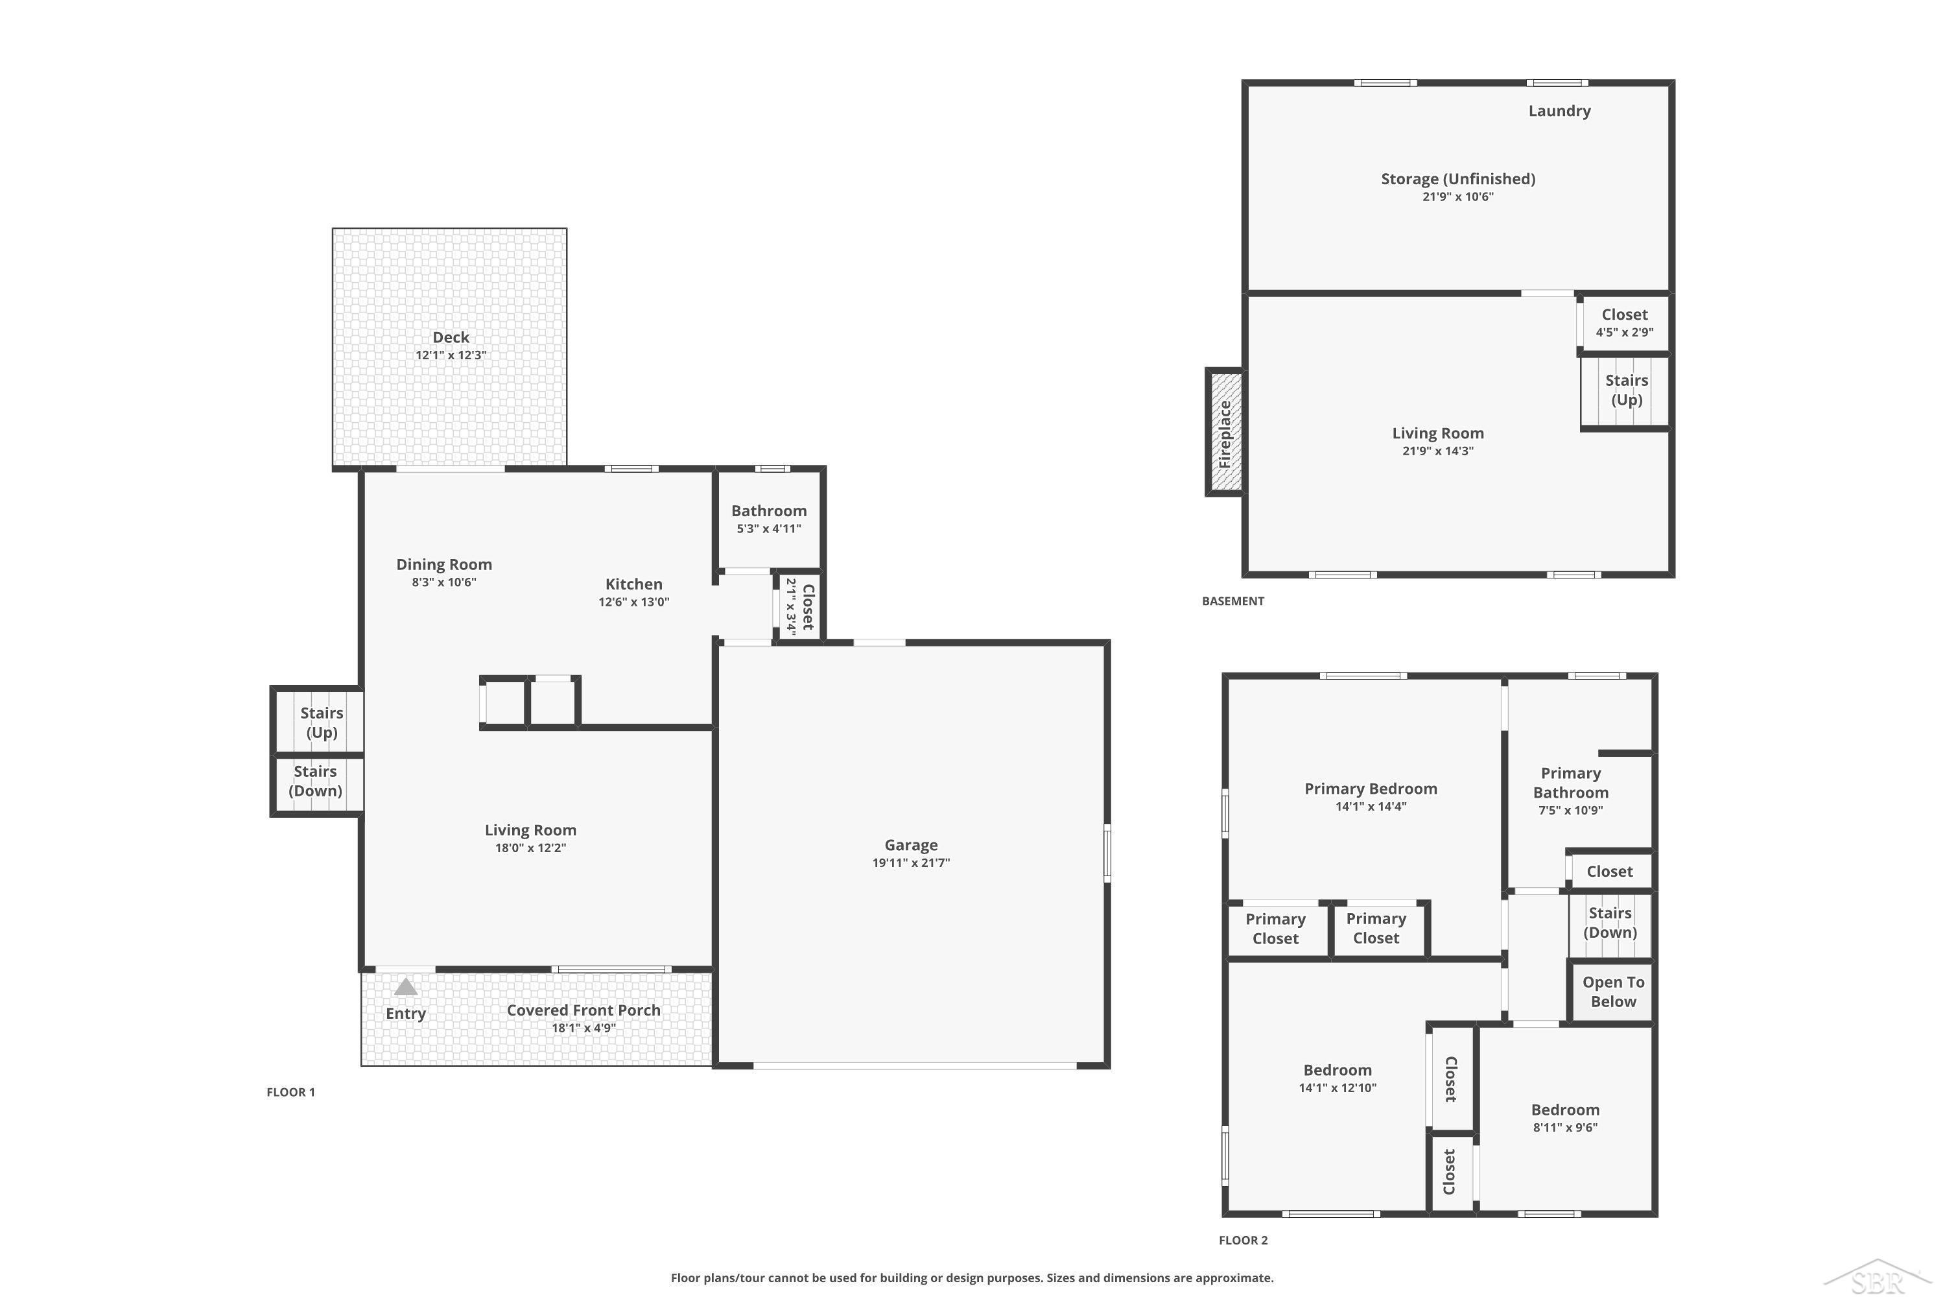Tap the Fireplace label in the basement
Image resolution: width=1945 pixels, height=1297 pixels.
(x=1225, y=433)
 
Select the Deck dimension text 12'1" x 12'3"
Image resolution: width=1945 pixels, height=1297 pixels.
(x=451, y=355)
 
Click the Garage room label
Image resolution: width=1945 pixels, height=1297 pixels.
(x=910, y=844)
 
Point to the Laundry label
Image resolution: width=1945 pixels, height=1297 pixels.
(x=1559, y=111)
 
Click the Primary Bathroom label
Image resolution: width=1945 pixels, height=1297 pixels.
(x=1570, y=783)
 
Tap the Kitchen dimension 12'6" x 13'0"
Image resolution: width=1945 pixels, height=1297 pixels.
(x=633, y=601)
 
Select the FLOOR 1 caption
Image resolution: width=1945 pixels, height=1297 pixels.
(x=290, y=1092)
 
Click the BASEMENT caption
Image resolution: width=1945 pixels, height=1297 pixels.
(x=1232, y=601)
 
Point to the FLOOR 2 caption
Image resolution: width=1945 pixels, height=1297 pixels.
(x=1243, y=1240)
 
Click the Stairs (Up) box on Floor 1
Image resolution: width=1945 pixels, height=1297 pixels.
(x=318, y=720)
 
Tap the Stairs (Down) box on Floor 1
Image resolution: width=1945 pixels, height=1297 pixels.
(x=318, y=784)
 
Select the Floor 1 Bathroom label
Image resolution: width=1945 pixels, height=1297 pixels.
(x=768, y=510)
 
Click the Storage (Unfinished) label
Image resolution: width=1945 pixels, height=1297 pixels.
(x=1458, y=179)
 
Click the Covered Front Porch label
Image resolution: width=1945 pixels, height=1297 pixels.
(x=583, y=1010)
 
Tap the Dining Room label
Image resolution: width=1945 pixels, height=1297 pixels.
(x=444, y=564)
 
